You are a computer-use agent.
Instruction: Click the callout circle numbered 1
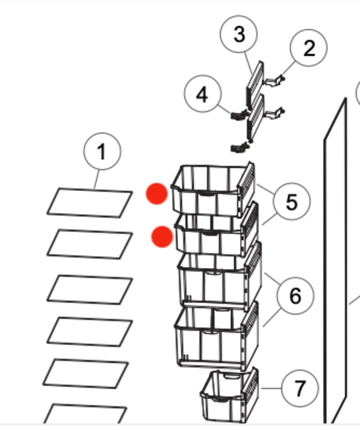102,151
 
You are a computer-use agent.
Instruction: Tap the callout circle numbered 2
309,48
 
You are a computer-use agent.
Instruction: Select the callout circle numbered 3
239,34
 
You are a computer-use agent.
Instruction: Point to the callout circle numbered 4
203,93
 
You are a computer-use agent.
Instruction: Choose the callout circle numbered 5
291,201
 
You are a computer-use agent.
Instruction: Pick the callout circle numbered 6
295,296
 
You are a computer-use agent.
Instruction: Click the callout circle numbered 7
300,388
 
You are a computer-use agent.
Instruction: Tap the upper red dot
157,193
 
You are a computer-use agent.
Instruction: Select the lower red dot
162,237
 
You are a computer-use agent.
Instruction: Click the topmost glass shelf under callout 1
90,203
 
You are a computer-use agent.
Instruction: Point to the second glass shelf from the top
90,244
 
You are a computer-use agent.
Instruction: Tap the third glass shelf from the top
90,290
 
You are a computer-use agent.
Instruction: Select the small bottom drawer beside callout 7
229,396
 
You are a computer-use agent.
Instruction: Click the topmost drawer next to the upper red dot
213,189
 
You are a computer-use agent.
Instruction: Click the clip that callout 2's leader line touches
275,81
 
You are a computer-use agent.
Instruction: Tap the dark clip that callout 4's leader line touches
239,115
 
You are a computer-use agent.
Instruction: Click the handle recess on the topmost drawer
207,194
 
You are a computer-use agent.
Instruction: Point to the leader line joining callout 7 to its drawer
271,388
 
